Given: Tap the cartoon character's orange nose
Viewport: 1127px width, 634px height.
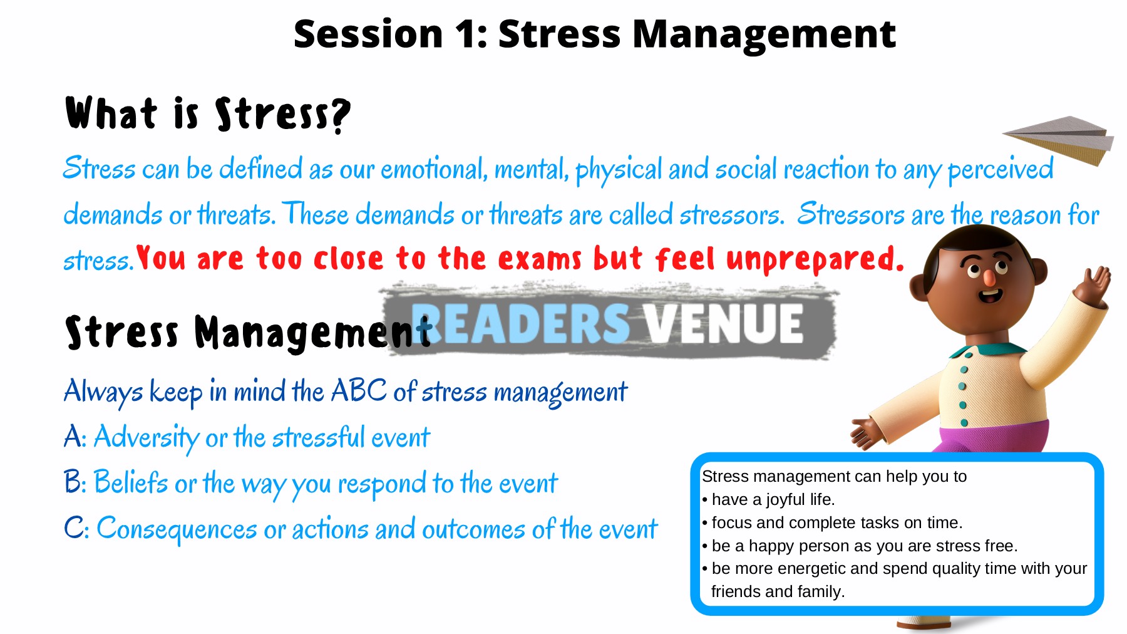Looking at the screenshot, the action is (989, 278).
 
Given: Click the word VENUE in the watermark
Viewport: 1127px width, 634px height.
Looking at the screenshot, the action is (724, 323).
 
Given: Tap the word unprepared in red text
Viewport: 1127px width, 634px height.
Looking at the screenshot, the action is (815, 259).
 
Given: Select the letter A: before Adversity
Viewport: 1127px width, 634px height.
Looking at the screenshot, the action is (75, 437).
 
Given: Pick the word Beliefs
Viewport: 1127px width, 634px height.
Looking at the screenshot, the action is (131, 482).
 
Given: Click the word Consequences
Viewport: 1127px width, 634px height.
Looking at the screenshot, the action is (177, 529).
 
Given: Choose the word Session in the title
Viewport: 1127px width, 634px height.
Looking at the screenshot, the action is (368, 34).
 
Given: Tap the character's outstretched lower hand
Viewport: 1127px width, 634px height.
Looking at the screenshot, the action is (867, 432).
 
